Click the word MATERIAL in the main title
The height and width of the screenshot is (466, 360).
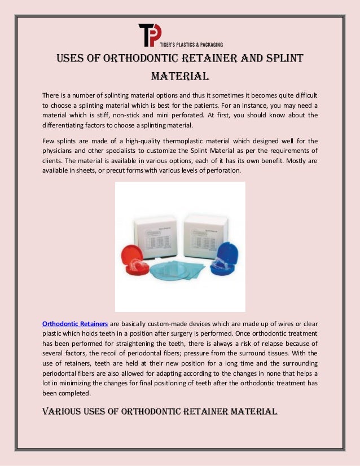[x=180, y=76]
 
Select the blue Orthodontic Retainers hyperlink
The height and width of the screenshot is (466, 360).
[x=75, y=324]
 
